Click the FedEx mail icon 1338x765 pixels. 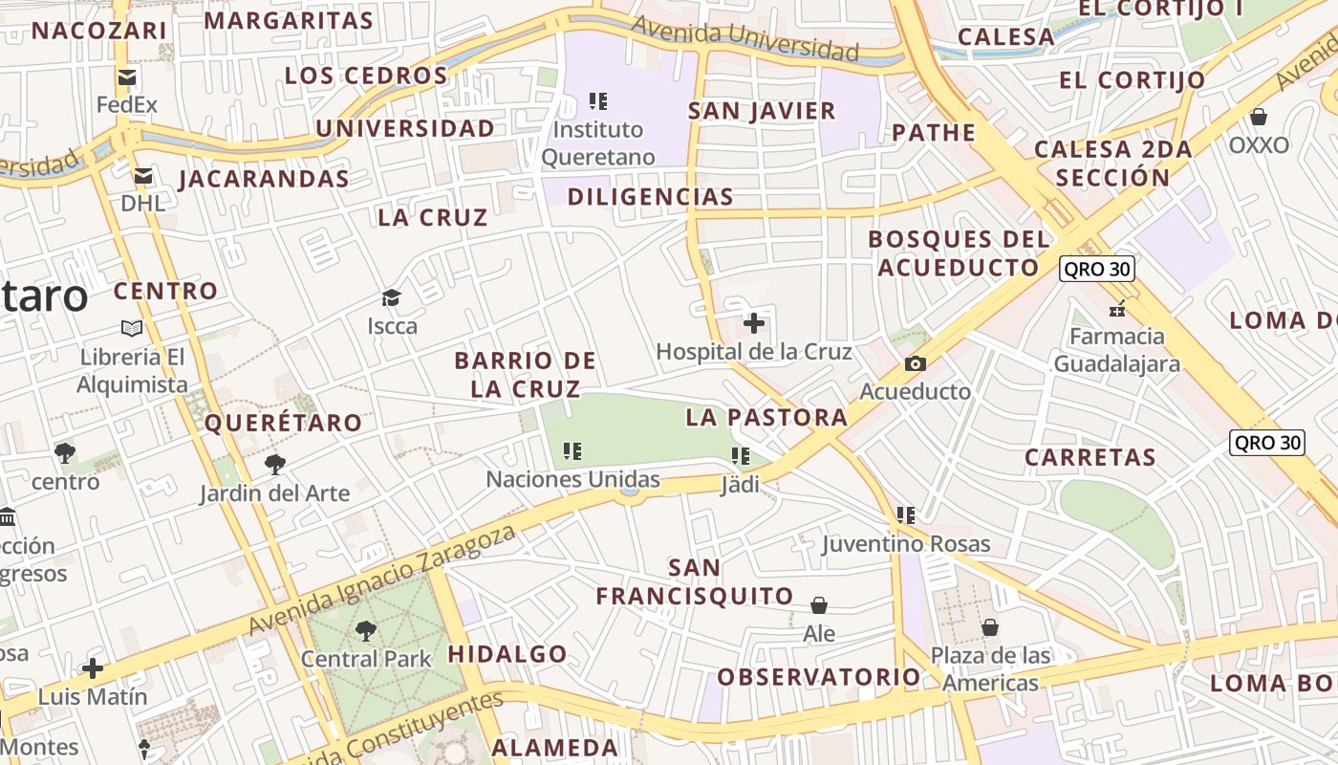coord(126,77)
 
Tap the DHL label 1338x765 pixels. coord(142,203)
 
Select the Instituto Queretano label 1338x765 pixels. coord(598,143)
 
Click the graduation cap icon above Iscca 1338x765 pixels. coord(391,297)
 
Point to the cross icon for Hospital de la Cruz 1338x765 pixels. coord(754,323)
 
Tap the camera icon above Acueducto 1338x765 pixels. coord(915,363)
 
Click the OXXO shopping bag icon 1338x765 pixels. coord(1259,117)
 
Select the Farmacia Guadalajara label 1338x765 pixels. coord(1116,350)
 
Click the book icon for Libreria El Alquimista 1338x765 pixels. coord(132,328)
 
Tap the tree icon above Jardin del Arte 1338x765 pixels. coord(275,465)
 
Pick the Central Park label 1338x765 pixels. coord(366,659)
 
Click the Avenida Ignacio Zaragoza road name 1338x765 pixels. coord(382,580)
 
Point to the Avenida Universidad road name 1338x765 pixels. coord(745,37)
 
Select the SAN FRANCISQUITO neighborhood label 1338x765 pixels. coord(695,581)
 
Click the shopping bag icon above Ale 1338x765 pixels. coord(819,605)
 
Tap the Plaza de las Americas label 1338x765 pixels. coord(990,669)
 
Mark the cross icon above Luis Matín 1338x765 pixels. coord(93,668)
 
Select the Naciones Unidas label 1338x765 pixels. coord(572,479)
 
